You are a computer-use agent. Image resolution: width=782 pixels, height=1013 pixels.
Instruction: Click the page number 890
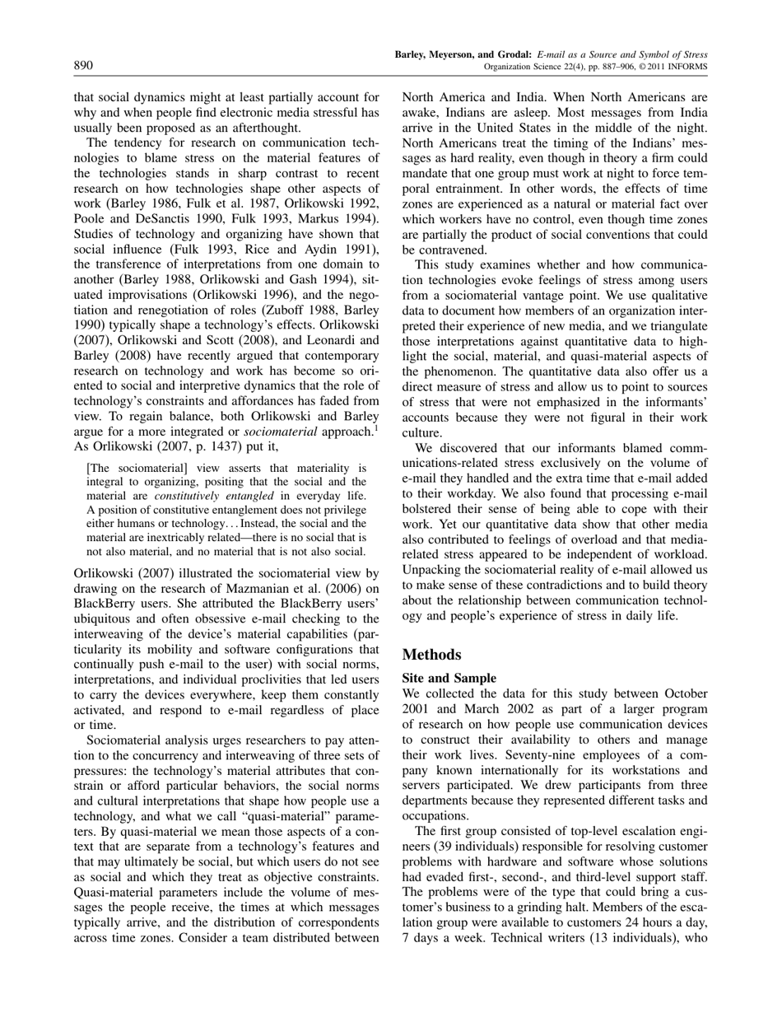pos(83,65)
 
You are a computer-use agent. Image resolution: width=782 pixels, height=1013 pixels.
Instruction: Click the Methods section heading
pos(431,655)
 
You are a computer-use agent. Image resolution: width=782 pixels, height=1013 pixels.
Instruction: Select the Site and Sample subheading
pos(449,678)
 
